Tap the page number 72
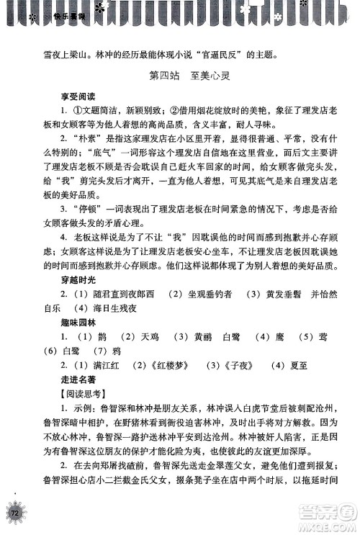tap(15, 512)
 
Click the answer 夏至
tap(277, 365)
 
